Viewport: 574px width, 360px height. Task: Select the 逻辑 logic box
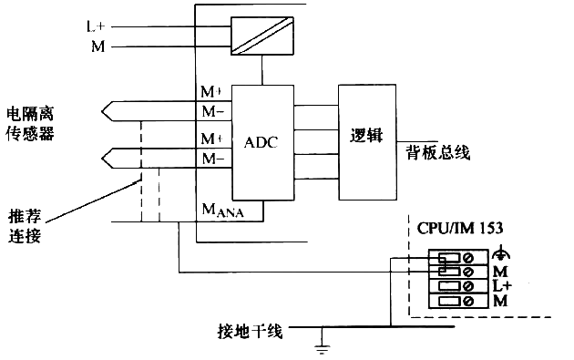click(367, 137)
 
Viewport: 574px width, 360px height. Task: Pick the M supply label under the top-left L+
click(97, 45)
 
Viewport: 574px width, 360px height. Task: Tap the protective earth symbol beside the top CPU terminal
click(498, 256)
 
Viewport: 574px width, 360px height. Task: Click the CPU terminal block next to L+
click(456, 286)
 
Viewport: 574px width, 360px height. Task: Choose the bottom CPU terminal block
click(456, 301)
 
